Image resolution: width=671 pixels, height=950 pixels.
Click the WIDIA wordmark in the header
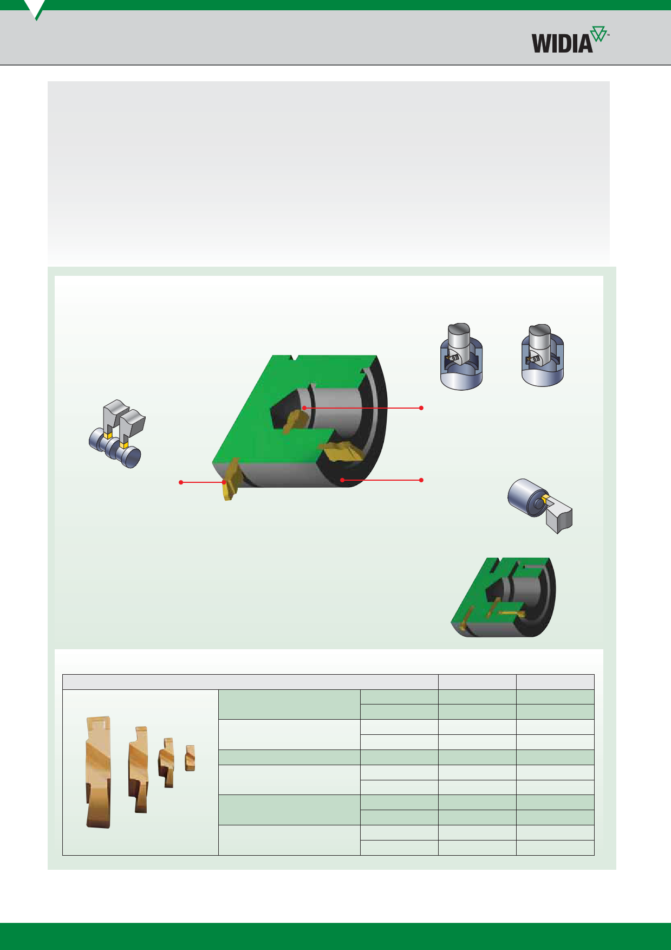point(562,43)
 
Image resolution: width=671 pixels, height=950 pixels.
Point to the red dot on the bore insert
point(304,408)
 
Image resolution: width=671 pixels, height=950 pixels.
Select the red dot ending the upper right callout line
point(421,408)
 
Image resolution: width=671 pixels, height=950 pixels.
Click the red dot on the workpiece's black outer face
point(342,480)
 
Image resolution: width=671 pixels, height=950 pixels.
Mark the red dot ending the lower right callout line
point(421,480)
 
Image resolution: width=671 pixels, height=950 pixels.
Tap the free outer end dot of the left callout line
point(181,482)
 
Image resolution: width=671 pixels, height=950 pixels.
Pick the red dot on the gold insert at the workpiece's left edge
point(224,482)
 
